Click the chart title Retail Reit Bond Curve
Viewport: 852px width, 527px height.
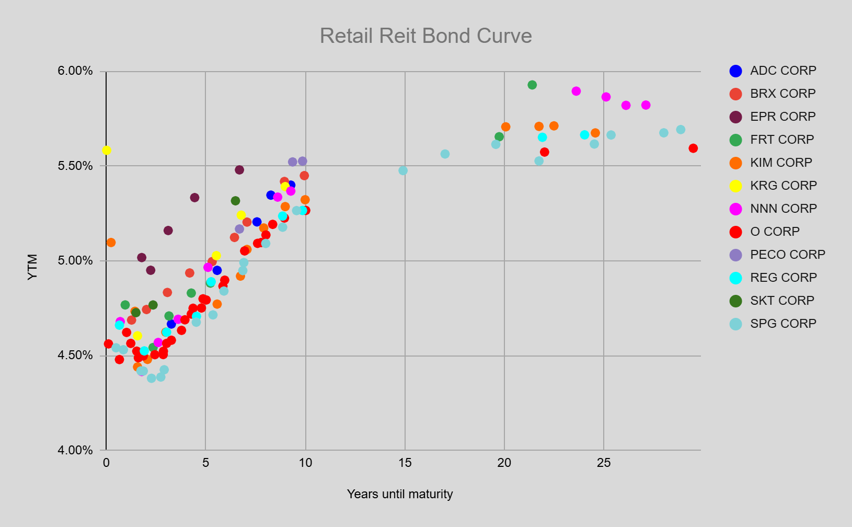click(425, 36)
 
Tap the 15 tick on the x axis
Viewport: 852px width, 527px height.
click(405, 463)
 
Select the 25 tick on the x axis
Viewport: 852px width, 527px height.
click(604, 463)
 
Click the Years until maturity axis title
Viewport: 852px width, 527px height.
click(400, 494)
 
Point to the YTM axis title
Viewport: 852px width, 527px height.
click(32, 267)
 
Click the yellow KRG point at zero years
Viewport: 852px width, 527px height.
click(107, 151)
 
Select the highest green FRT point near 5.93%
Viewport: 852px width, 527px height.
click(532, 85)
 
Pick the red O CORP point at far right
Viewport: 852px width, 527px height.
click(693, 148)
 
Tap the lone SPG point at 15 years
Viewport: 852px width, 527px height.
click(403, 170)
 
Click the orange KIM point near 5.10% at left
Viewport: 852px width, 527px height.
click(111, 243)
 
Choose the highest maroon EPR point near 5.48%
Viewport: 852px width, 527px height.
click(239, 170)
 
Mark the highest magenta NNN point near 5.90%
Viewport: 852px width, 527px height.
click(576, 91)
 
